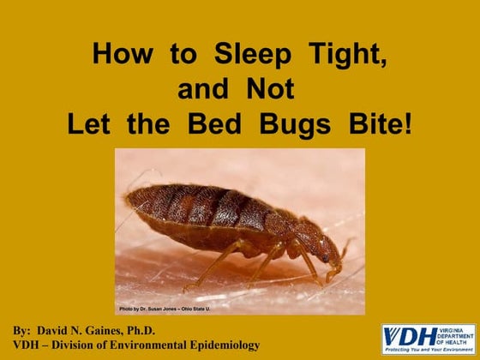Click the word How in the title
pyautogui.click(x=121, y=56)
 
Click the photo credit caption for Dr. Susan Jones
pyautogui.click(x=165, y=308)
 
